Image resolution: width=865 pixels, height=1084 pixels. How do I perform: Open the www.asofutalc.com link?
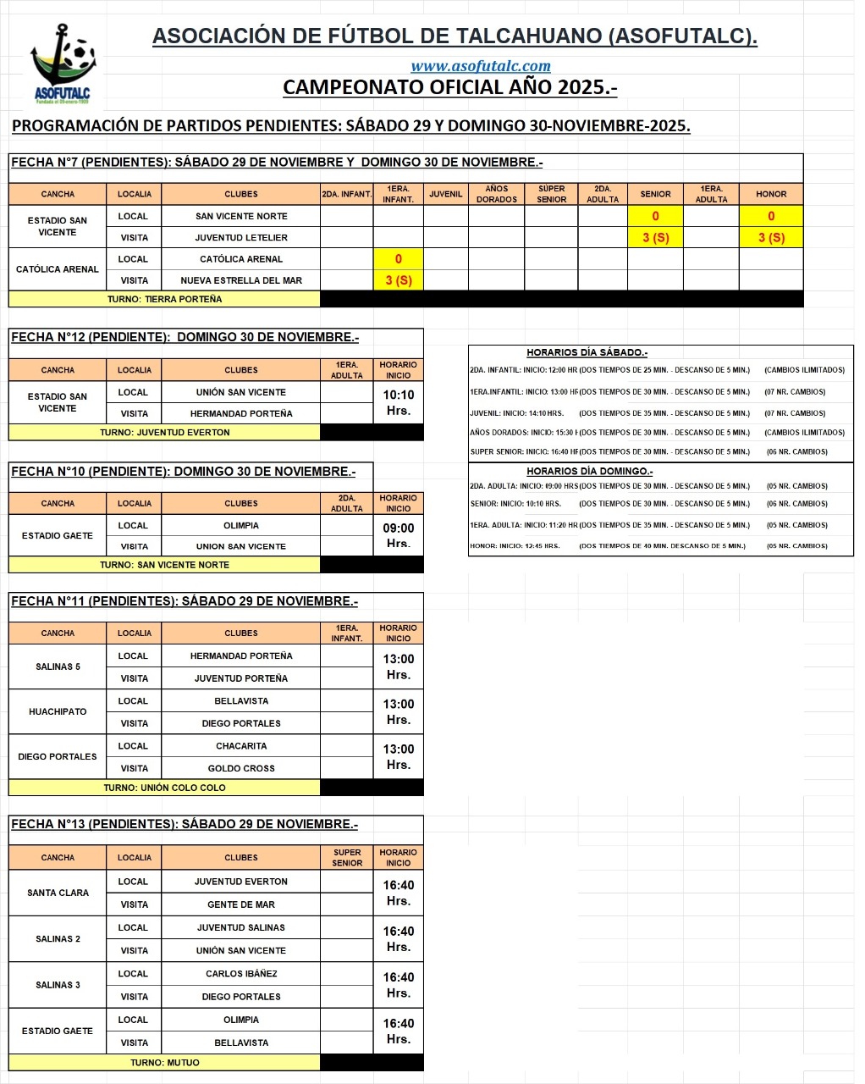pos(480,66)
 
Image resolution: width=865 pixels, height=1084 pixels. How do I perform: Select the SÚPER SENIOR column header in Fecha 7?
pos(551,194)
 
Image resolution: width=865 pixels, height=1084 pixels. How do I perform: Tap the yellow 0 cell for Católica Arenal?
pos(398,259)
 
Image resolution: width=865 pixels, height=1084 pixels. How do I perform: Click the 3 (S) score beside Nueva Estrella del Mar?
pos(398,280)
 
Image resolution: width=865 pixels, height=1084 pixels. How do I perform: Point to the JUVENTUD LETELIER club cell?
pos(241,238)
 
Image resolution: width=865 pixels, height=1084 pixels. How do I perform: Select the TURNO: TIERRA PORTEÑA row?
pos(164,299)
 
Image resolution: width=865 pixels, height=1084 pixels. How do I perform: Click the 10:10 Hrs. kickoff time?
pos(398,402)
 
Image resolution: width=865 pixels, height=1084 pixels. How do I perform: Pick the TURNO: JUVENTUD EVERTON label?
pos(164,432)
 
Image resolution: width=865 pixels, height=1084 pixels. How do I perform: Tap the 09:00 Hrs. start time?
pos(398,535)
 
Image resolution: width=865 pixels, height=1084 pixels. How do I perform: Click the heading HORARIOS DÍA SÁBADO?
pos(587,352)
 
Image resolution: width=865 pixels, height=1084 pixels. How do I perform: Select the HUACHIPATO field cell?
pos(58,711)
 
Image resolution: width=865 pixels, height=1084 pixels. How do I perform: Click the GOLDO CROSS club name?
pos(241,768)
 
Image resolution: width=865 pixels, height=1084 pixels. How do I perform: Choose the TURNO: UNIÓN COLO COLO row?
pos(164,788)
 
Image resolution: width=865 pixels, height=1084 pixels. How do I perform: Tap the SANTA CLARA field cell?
pos(58,893)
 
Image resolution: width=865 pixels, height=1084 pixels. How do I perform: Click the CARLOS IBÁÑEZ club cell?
pos(241,974)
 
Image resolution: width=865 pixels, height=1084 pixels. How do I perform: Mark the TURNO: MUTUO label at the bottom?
pos(164,1062)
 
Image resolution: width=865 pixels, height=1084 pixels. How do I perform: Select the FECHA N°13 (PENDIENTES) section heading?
pos(185,824)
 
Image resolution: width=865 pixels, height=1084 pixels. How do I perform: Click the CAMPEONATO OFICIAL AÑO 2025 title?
pos(449,87)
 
